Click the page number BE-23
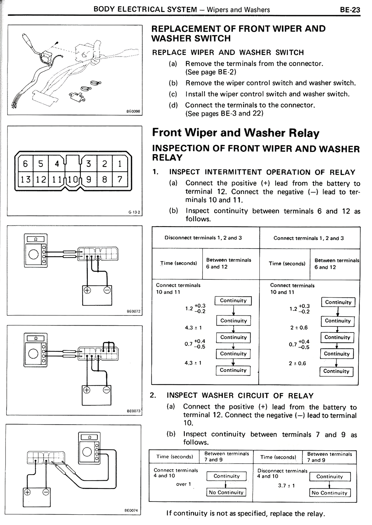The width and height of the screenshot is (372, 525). pyautogui.click(x=350, y=10)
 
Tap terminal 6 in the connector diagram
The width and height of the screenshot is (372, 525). pyautogui.click(x=25, y=164)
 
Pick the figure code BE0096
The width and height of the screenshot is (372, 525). pyautogui.click(x=133, y=111)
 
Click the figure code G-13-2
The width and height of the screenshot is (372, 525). pyautogui.click(x=134, y=212)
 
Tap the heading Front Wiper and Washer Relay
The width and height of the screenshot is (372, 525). pyautogui.click(x=236, y=133)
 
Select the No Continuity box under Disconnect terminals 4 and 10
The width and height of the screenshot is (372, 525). pyautogui.click(x=330, y=493)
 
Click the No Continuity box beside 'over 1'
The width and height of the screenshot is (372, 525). pyautogui.click(x=226, y=492)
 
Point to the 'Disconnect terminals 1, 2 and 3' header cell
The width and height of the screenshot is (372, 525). pyautogui.click(x=203, y=238)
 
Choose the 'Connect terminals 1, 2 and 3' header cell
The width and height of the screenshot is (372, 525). pyautogui.click(x=309, y=238)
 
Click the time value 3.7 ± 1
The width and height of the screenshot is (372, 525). pyautogui.click(x=286, y=485)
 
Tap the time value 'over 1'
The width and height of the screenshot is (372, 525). pyautogui.click(x=183, y=484)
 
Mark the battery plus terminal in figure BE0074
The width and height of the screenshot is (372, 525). pyautogui.click(x=27, y=492)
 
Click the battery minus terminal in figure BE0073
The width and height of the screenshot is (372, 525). pyautogui.click(x=107, y=390)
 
